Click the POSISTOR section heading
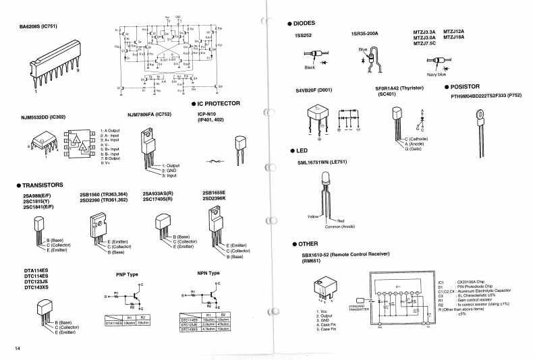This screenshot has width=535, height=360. click(x=464, y=87)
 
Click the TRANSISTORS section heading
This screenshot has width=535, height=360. click(x=43, y=185)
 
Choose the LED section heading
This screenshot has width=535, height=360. click(x=301, y=150)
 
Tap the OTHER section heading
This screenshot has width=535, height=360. click(x=304, y=243)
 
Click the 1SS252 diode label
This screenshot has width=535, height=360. click(x=303, y=35)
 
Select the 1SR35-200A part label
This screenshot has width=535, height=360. click(x=364, y=33)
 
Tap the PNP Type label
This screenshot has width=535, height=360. click(x=127, y=274)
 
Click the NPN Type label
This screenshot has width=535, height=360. click(x=208, y=273)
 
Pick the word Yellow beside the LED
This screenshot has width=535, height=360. click(x=313, y=217)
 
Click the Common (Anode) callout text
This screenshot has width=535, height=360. click(x=339, y=227)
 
